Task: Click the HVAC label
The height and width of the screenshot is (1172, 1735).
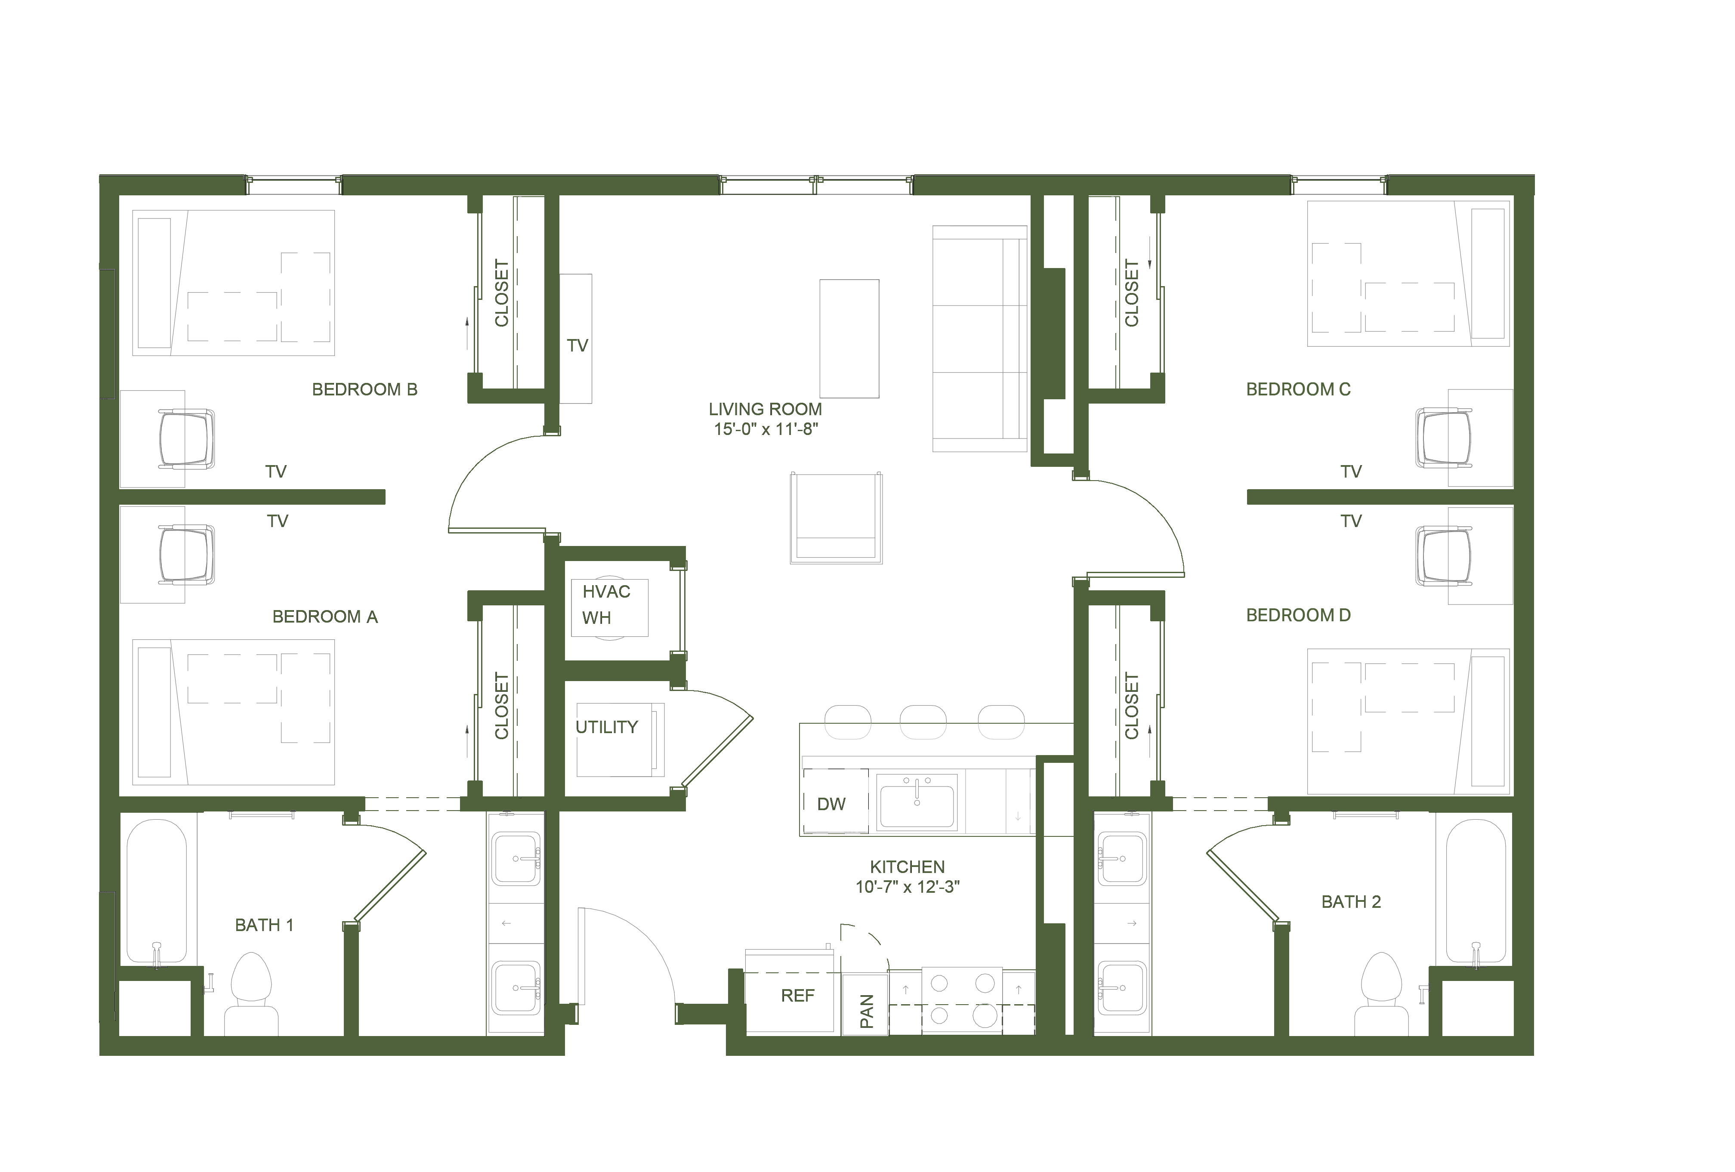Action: pyautogui.click(x=608, y=592)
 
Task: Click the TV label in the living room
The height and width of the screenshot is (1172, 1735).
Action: pyautogui.click(x=579, y=346)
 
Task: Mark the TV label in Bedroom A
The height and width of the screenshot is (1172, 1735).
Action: pyautogui.click(x=278, y=521)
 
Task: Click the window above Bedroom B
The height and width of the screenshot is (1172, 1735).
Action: pyautogui.click(x=294, y=185)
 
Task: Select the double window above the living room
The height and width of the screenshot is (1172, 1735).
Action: pyautogui.click(x=816, y=185)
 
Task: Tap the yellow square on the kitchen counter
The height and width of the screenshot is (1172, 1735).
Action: pyautogui.click(x=1049, y=739)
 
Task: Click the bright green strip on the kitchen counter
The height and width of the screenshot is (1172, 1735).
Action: pyautogui.click(x=847, y=727)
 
